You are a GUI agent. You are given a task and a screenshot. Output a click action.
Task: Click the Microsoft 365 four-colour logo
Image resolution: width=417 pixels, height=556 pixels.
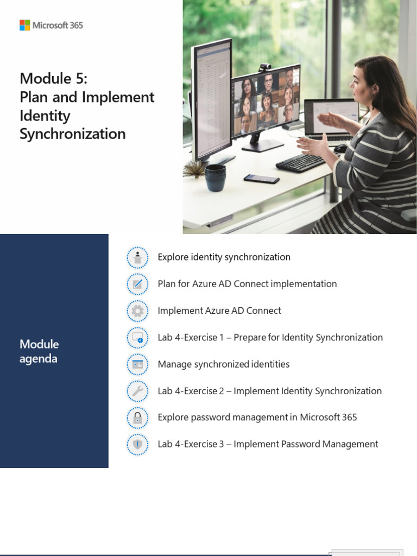click(25, 25)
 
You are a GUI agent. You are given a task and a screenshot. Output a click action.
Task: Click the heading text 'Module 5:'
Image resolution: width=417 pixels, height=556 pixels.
click(53, 79)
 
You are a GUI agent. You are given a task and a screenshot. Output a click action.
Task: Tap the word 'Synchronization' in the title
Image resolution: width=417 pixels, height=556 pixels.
click(72, 134)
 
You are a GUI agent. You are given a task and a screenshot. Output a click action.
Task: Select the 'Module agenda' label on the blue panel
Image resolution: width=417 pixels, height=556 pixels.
click(39, 351)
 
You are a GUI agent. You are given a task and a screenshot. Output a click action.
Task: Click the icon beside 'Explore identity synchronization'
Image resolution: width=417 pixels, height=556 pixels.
click(137, 257)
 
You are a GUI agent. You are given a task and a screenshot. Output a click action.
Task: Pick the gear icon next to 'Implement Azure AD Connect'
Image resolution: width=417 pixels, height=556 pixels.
click(137, 311)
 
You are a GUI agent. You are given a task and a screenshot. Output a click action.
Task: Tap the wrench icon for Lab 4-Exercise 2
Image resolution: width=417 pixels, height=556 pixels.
click(137, 391)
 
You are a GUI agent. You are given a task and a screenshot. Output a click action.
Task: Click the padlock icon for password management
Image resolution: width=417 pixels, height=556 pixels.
click(137, 418)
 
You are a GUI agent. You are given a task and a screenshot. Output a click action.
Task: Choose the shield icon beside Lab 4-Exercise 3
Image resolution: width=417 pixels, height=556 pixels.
click(137, 444)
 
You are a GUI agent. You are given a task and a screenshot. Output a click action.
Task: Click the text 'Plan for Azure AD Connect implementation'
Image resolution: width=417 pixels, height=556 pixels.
click(247, 284)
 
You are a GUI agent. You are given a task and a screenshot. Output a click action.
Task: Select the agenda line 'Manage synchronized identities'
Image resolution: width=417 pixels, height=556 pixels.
click(223, 364)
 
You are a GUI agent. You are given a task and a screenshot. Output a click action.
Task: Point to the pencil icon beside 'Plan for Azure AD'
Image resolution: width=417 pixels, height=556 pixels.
click(137, 284)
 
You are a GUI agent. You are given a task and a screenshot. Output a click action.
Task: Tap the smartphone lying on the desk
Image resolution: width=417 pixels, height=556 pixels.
click(261, 179)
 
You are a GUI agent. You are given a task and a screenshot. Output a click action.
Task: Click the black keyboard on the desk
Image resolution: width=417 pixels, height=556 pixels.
click(301, 162)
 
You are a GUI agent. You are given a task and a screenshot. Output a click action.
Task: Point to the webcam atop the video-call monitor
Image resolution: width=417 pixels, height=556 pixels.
click(264, 67)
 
